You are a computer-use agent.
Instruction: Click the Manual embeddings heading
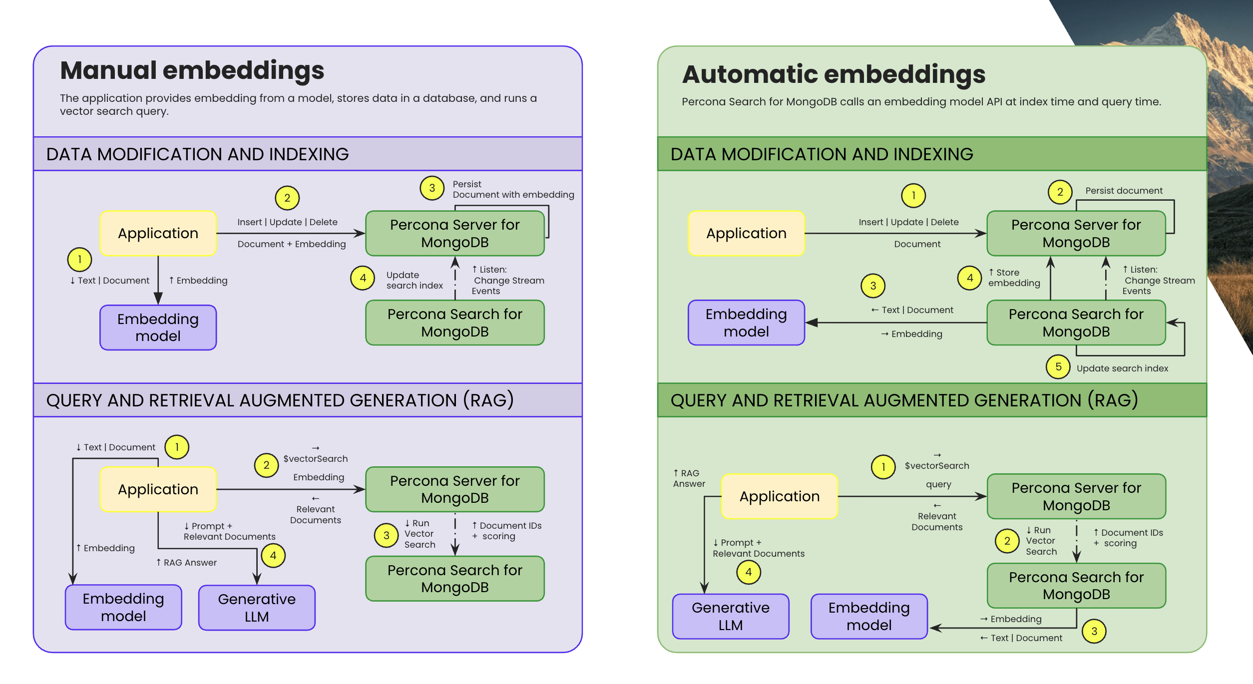tap(192, 70)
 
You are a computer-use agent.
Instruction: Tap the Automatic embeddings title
tap(834, 74)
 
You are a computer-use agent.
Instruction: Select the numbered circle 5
tap(1058, 367)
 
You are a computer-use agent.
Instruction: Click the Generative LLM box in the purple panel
tap(257, 608)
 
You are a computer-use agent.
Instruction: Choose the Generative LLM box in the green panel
tap(731, 616)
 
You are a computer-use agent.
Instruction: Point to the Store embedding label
tap(1014, 278)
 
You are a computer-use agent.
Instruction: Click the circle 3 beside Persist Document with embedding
tap(432, 188)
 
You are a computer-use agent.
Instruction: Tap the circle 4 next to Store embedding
tap(970, 278)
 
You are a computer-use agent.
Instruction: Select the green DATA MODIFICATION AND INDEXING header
tap(932, 154)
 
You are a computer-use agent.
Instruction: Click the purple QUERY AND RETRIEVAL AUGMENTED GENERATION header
tap(308, 400)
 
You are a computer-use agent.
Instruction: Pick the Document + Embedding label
tap(292, 244)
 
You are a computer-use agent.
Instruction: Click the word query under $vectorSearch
tap(938, 484)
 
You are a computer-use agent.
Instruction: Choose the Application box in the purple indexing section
tap(158, 233)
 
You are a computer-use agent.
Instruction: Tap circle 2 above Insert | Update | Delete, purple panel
tap(287, 198)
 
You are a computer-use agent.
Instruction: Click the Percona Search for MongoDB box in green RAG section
tap(1076, 586)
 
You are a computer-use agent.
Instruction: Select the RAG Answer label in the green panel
tap(689, 478)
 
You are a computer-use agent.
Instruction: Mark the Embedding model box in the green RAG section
tap(869, 616)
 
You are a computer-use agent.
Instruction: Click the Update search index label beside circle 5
tap(1122, 368)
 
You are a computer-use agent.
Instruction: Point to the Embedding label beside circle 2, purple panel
tap(319, 477)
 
